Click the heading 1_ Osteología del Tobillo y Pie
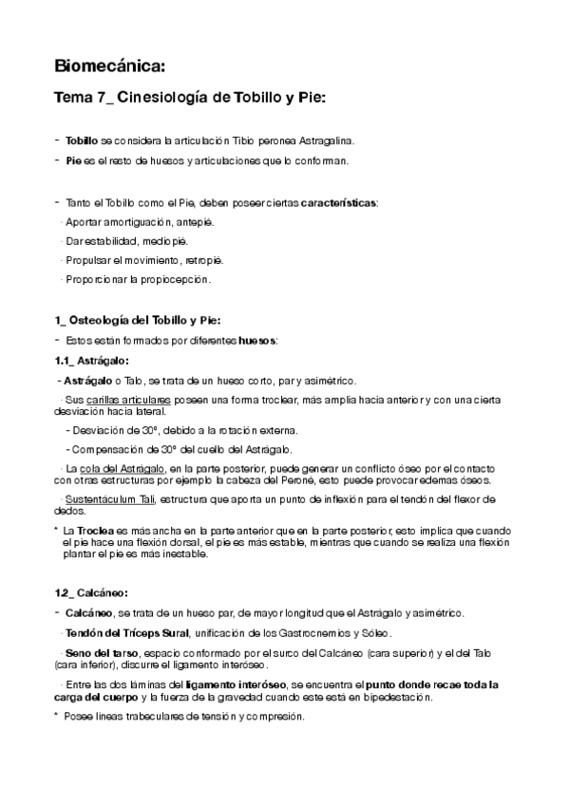[138, 321]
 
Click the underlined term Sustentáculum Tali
[111, 499]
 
